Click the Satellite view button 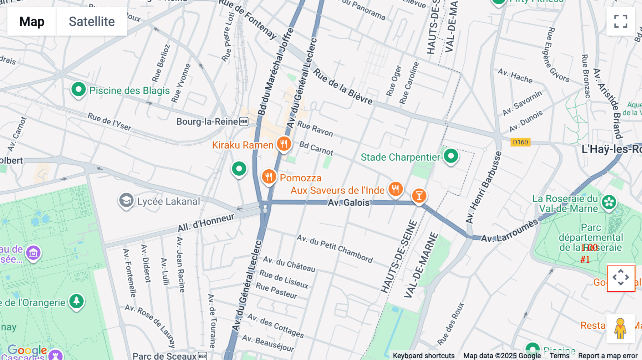tap(92, 21)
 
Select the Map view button tap(32, 21)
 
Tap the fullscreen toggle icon tap(621, 21)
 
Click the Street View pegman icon tap(621, 329)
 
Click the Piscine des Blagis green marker tap(78, 89)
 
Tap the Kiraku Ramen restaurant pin tap(284, 144)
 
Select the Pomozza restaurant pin tap(269, 176)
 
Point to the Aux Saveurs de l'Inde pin tap(396, 189)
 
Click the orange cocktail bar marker tap(419, 195)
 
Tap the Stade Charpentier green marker tap(451, 156)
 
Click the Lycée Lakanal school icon tap(126, 201)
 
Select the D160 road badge tap(520, 142)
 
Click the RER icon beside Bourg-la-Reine tap(244, 122)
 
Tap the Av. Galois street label tap(348, 203)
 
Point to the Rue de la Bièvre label tap(343, 87)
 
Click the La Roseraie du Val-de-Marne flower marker tap(609, 202)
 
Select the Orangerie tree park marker tap(76, 302)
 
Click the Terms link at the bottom tap(559, 355)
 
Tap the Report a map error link tap(608, 355)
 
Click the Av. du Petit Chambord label tap(335, 248)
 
